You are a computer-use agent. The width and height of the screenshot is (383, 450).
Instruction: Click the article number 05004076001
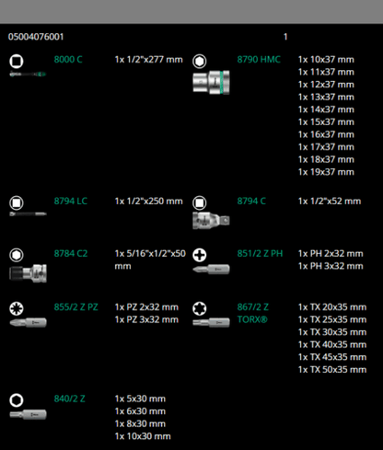pyautogui.click(x=36, y=37)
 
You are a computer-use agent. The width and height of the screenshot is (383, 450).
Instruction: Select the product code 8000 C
pyautogui.click(x=68, y=60)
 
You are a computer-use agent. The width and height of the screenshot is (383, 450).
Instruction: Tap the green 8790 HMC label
pyautogui.click(x=259, y=60)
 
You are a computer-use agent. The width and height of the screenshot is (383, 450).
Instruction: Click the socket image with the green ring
pyautogui.click(x=211, y=82)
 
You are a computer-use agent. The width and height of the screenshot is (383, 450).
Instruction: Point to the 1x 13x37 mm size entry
pyautogui.click(x=326, y=97)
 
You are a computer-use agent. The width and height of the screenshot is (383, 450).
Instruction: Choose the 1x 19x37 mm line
pyautogui.click(x=326, y=172)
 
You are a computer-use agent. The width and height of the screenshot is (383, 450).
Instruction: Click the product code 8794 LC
pyautogui.click(x=71, y=202)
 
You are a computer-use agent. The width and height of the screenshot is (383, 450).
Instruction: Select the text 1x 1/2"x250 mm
pyautogui.click(x=149, y=202)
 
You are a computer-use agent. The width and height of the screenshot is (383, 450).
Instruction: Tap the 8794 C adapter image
pyautogui.click(x=211, y=221)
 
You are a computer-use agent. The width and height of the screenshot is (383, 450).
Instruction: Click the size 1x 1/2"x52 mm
pyautogui.click(x=330, y=202)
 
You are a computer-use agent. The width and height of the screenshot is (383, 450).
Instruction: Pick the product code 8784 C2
pyautogui.click(x=71, y=254)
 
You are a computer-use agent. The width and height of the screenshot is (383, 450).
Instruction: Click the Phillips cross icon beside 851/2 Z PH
pyautogui.click(x=200, y=255)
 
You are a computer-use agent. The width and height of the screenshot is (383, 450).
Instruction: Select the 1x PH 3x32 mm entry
pyautogui.click(x=331, y=266)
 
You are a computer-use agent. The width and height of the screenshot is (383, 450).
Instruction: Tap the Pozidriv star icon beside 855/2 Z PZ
pyautogui.click(x=17, y=308)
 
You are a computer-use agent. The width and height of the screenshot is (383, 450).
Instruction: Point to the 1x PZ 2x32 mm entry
pyautogui.click(x=146, y=307)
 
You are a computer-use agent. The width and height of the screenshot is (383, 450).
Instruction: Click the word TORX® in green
pyautogui.click(x=252, y=319)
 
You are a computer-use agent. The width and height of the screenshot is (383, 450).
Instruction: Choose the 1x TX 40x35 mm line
pyautogui.click(x=332, y=344)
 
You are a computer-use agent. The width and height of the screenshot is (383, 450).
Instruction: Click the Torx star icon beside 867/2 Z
pyautogui.click(x=200, y=308)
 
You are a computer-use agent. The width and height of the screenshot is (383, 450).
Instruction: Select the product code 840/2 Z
pyautogui.click(x=70, y=398)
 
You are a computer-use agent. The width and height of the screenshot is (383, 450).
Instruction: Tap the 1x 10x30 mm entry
pyautogui.click(x=143, y=436)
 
